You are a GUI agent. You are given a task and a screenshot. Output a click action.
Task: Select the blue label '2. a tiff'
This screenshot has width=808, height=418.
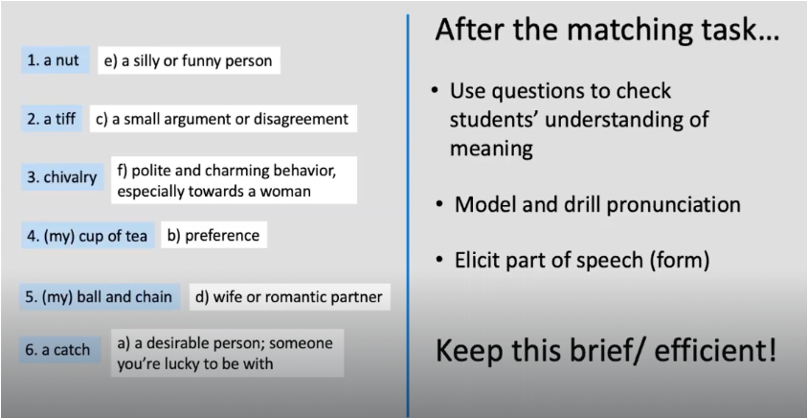(x=52, y=120)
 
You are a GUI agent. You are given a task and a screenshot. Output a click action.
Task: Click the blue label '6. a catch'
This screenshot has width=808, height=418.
(x=57, y=350)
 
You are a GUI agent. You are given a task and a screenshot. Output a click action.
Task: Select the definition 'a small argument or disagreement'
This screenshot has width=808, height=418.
(x=222, y=120)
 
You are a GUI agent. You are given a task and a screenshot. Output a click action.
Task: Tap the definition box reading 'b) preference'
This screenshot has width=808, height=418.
(x=213, y=235)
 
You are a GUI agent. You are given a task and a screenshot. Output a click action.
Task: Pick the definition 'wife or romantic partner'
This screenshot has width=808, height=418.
(x=289, y=297)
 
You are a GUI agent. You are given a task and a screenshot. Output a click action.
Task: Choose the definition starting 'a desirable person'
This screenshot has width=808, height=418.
(x=227, y=353)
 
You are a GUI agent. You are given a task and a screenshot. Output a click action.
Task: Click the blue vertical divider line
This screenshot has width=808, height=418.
(x=408, y=211)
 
